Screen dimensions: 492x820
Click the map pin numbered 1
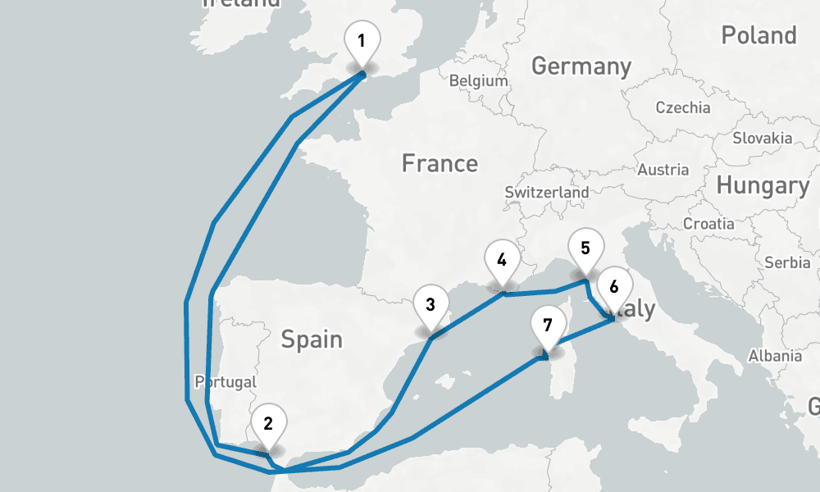pos(362,41)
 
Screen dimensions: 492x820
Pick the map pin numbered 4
pos(502,262)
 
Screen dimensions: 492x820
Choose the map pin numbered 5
pos(585,248)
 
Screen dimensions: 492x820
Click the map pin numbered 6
pos(614,288)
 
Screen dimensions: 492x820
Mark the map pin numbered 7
pos(548,326)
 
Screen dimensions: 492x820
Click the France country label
pos(440,163)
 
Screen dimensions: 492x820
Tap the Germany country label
pos(581,66)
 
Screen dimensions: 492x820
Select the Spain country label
pos(312,338)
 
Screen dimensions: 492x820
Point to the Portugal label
pos(225,381)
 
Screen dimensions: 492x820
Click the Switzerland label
pos(546,192)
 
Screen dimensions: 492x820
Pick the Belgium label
pos(479,80)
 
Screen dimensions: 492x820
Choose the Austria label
pos(663,170)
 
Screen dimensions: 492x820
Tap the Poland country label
pos(758,35)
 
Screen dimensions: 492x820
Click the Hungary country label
pos(762,185)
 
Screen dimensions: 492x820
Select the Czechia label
pos(683,107)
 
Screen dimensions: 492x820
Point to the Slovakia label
pos(763,138)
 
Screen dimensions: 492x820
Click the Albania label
pos(775,356)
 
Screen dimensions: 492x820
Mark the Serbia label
pos(787,262)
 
